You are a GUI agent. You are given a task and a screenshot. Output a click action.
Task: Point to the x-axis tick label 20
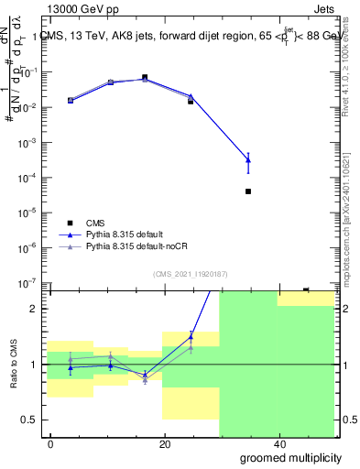coord(165,444)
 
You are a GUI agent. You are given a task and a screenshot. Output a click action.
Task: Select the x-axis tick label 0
coord(51,444)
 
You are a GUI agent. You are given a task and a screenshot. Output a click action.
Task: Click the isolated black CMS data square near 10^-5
coord(248,191)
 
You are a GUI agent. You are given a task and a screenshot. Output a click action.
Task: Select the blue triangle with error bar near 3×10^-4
coord(248,160)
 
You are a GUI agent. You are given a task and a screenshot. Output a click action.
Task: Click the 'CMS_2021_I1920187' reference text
coord(190,273)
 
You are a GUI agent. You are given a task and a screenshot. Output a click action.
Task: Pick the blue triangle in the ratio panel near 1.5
coord(191,337)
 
